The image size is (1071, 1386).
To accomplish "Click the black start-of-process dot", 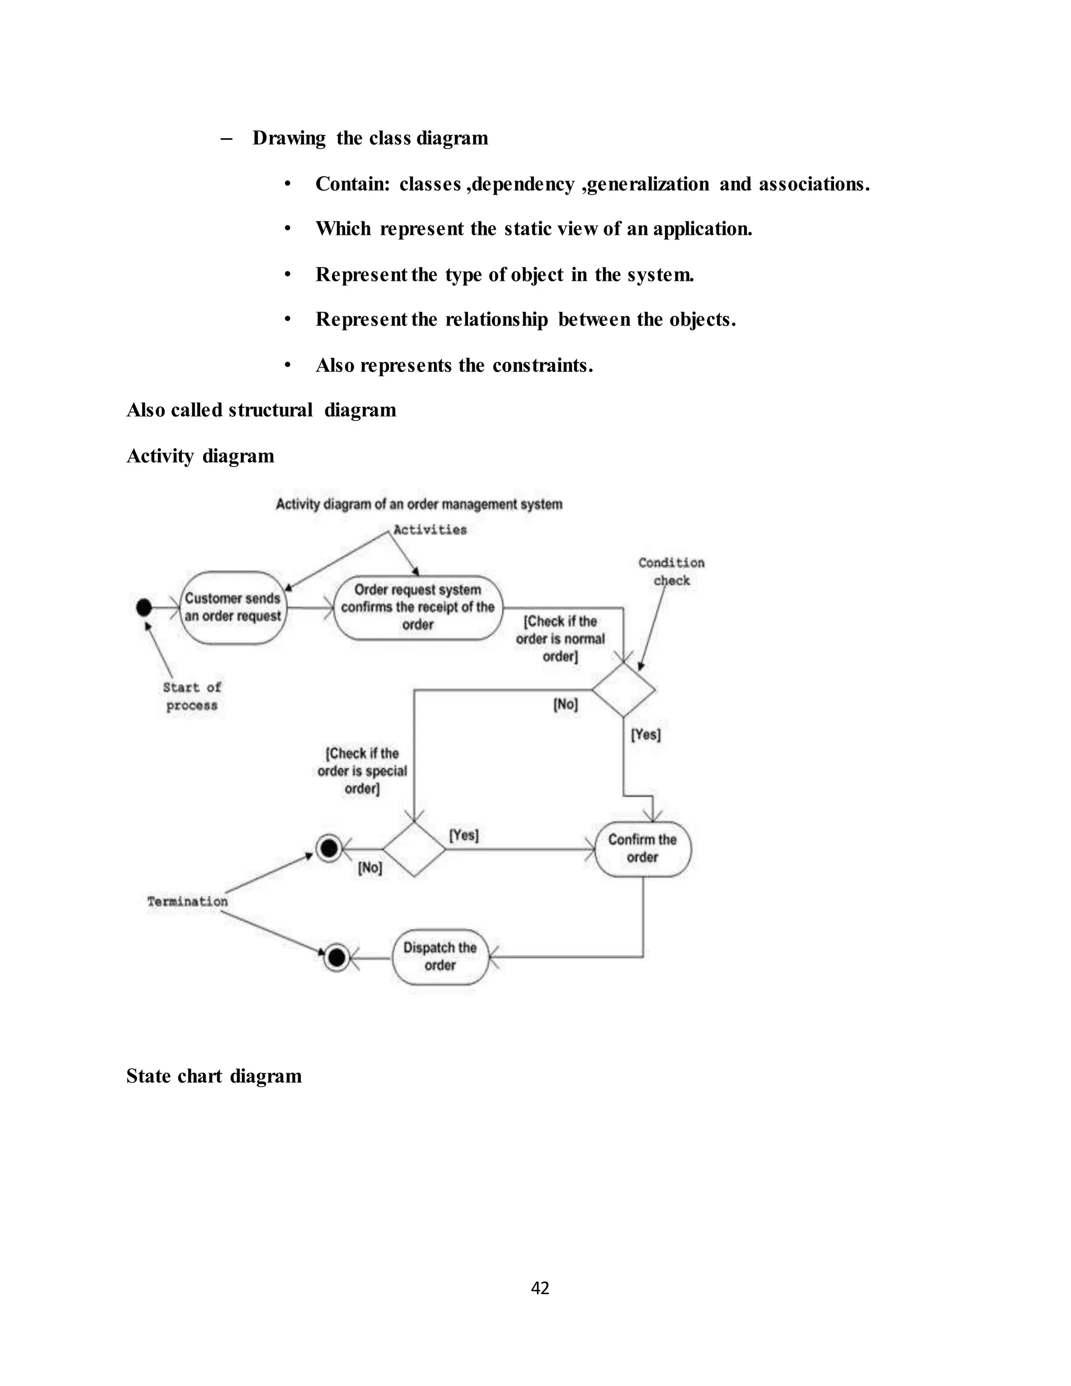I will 144,607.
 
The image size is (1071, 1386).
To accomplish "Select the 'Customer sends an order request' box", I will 233,607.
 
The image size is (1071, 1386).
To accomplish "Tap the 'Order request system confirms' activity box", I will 417,607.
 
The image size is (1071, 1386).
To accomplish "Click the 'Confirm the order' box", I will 643,848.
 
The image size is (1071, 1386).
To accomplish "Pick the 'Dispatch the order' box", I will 440,957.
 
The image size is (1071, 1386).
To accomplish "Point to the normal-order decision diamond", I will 624,689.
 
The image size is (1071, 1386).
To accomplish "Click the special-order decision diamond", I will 414,848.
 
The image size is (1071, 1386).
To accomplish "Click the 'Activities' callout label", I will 430,530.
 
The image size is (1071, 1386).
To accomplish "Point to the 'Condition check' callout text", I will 671,571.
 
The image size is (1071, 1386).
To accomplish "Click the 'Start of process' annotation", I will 191,696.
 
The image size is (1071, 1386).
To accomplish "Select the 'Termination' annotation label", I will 187,901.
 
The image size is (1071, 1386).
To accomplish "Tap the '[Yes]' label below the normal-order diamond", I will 646,734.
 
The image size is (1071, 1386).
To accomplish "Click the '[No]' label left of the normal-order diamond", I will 566,705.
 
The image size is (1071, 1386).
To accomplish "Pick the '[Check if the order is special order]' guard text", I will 362,770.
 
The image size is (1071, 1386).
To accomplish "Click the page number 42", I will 540,1288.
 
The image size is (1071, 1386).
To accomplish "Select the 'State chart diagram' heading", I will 214,1076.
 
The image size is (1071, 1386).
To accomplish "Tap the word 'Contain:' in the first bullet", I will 353,184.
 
